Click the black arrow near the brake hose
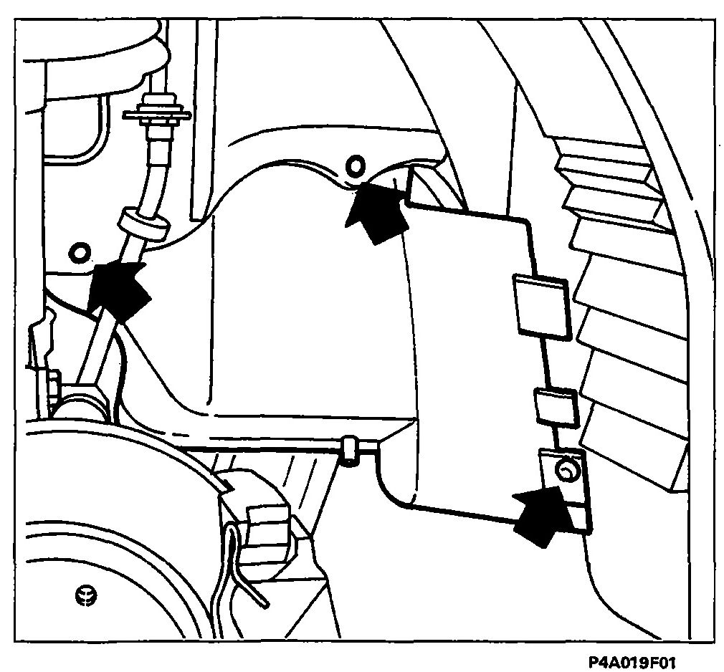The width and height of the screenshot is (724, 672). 119,289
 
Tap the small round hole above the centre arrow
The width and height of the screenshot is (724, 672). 356,165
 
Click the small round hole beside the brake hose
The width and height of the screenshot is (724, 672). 80,252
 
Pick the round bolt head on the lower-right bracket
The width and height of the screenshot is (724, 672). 568,471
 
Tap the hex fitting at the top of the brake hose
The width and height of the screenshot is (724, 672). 156,114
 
